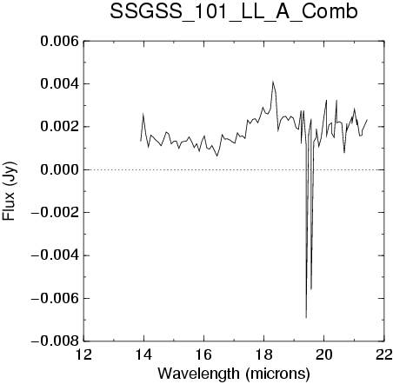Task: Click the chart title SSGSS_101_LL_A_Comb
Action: pos(234,12)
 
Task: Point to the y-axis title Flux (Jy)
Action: pos(10,191)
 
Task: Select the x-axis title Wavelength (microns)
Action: pos(234,374)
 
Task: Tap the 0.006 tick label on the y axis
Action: pos(59,41)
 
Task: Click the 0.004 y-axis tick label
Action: pos(59,84)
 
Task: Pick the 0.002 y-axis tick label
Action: pos(59,127)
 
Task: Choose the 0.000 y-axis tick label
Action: pos(59,169)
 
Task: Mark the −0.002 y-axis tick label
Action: pos(55,213)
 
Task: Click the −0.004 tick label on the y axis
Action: pos(55,255)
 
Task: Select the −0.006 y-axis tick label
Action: pos(55,298)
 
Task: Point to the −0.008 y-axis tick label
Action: pos(55,341)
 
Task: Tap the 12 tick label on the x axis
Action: pos(83,354)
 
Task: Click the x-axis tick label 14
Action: pos(143,354)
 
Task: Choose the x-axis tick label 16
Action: pos(203,354)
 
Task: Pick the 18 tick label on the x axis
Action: pos(263,354)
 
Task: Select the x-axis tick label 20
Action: pos(324,354)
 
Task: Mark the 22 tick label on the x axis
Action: pos(384,354)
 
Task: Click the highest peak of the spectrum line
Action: pos(273,82)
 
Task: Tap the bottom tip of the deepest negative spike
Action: pos(306,318)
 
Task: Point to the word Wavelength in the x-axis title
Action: pos(198,373)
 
